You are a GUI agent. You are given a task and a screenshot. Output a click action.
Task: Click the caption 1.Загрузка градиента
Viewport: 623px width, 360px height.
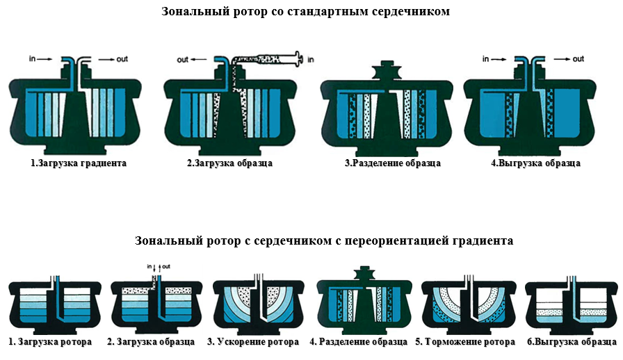coord(79,163)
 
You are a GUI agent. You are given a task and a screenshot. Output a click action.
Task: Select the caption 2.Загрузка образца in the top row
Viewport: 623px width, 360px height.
coord(229,163)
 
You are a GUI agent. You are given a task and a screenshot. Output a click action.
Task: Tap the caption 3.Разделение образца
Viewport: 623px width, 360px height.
coord(393,163)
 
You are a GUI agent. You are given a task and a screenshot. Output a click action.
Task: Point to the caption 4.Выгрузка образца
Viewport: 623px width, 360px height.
coord(535,163)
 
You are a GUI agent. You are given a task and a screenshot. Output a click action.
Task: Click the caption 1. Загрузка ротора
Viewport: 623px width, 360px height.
coord(50,342)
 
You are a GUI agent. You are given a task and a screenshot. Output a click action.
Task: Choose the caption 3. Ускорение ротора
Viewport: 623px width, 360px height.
coord(253,342)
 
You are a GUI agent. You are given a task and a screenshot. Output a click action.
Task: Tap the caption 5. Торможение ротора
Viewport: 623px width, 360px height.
coord(465,342)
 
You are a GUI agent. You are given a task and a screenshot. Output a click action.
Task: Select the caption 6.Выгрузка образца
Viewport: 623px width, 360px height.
coord(572,342)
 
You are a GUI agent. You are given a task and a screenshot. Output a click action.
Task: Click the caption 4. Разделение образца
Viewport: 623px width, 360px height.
coord(358,342)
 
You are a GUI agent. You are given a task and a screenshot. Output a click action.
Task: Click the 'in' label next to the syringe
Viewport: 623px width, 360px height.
coord(311,60)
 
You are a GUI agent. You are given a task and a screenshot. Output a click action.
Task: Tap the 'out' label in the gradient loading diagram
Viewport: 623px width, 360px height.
coord(122,59)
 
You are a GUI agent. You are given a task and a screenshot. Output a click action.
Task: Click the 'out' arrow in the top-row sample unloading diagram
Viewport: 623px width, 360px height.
coord(562,59)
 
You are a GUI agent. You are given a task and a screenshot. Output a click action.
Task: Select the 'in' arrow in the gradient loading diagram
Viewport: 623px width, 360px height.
coord(44,59)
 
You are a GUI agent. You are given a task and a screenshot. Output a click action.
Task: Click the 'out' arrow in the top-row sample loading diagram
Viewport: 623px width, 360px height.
coord(199,60)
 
